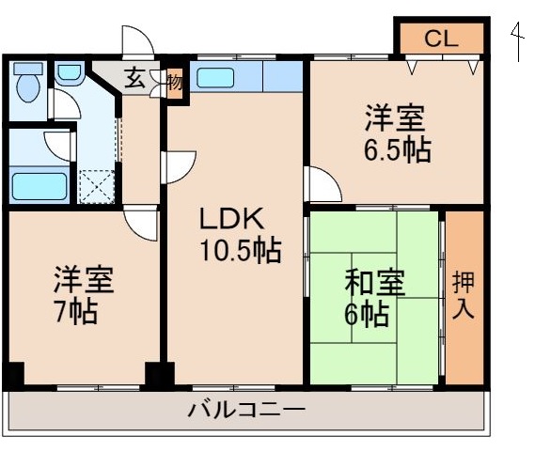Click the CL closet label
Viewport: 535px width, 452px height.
click(x=441, y=39)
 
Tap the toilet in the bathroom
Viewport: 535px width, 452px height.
click(x=26, y=84)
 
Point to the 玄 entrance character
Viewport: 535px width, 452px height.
click(x=135, y=79)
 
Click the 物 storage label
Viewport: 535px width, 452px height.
click(x=176, y=81)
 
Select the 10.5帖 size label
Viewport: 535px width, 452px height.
click(x=240, y=251)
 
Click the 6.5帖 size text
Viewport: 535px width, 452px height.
click(x=399, y=149)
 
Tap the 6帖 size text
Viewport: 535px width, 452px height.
click(x=367, y=315)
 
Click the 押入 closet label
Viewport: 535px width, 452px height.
click(x=464, y=295)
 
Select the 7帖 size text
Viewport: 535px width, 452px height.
click(x=75, y=313)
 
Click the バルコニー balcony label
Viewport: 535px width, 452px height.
click(x=246, y=412)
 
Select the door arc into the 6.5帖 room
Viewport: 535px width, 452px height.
click(x=323, y=184)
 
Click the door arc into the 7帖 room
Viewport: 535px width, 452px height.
click(x=142, y=225)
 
